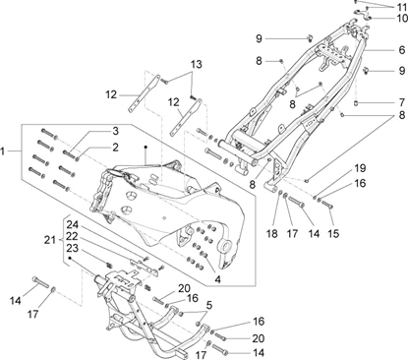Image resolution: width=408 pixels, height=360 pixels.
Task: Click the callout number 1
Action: click(x=3, y=151)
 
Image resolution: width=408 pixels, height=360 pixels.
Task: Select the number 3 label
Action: click(x=115, y=131)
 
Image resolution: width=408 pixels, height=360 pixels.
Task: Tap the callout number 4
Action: click(x=217, y=279)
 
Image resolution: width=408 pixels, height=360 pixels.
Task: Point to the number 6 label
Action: click(x=402, y=50)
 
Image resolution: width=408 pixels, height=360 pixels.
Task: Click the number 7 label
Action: click(x=402, y=102)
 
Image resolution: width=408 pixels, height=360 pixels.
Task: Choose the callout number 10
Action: click(x=402, y=18)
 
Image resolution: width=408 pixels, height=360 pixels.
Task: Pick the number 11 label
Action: click(x=401, y=7)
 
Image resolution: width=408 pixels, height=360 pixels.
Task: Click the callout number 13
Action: click(x=197, y=64)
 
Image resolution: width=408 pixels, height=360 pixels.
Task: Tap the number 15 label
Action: click(x=333, y=234)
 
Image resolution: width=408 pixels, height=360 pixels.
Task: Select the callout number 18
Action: click(x=272, y=234)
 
